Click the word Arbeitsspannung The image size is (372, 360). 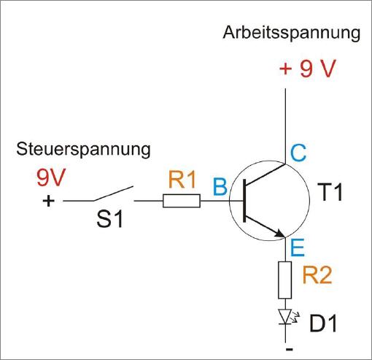[x=291, y=34]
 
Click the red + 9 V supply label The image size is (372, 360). [x=308, y=69]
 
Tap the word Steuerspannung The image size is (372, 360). [x=83, y=150]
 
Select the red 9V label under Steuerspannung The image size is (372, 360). [x=51, y=177]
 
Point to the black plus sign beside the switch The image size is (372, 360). [x=48, y=201]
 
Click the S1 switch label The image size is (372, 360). [x=109, y=219]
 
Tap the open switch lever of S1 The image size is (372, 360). [x=113, y=194]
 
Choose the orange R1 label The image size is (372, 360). [x=182, y=180]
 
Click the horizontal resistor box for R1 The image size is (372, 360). [x=182, y=201]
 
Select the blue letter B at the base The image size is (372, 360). [x=220, y=187]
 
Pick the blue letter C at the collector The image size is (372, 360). [x=298, y=153]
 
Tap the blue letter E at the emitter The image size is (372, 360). [x=298, y=248]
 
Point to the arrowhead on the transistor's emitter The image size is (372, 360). [x=279, y=233]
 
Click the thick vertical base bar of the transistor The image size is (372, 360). [x=244, y=201]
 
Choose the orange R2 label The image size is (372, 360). [x=317, y=275]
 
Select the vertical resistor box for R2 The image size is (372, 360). [x=285, y=280]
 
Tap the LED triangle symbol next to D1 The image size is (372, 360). [x=285, y=316]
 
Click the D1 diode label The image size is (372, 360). [x=323, y=323]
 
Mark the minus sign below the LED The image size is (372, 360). [x=290, y=350]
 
